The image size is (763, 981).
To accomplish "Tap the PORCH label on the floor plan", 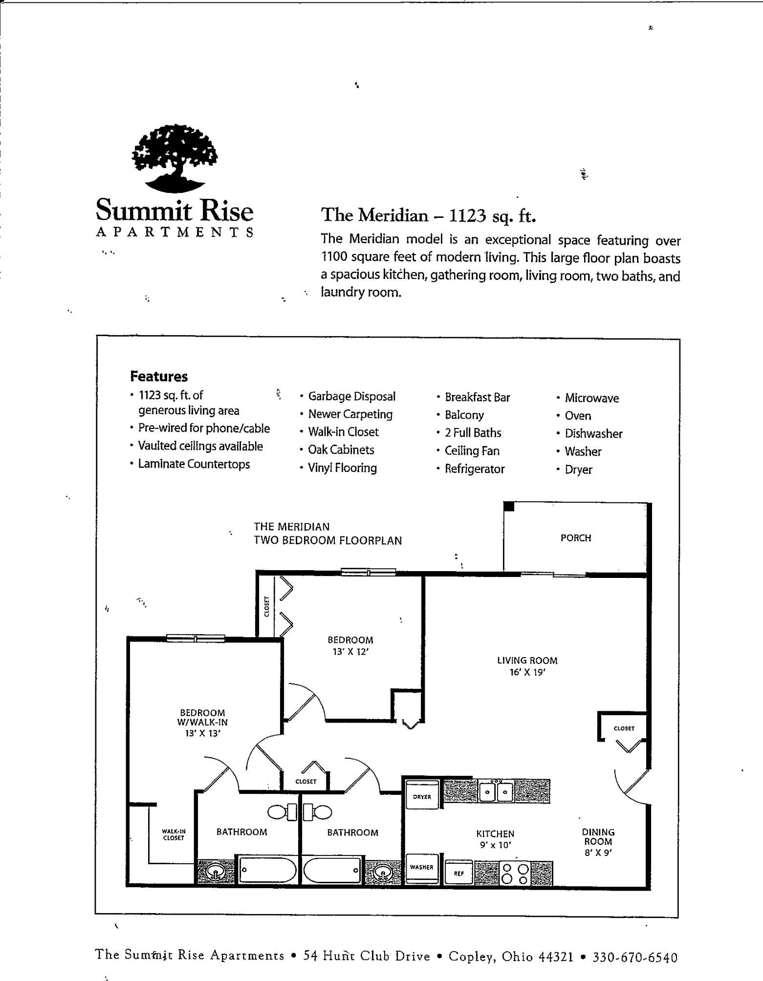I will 576,538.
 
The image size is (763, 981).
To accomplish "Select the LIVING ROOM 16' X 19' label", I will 527,666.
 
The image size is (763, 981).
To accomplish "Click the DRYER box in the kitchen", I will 422,797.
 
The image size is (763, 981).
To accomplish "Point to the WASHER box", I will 421,867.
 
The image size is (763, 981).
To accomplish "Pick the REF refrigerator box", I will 458,873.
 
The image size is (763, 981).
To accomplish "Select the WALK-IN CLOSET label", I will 174,834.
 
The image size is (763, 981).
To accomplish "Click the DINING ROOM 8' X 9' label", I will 598,842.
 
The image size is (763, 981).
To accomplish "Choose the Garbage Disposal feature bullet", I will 351,396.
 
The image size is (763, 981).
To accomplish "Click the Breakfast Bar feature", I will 477,397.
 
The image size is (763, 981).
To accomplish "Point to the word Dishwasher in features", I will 593,433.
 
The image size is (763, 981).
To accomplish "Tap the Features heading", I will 159,376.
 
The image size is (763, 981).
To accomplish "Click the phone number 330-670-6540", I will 635,957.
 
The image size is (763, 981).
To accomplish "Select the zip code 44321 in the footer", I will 556,957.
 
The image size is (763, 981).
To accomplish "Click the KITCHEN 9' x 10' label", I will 495,839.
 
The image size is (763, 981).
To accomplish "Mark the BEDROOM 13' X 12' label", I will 350,645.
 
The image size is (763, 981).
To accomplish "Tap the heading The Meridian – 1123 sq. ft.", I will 428,215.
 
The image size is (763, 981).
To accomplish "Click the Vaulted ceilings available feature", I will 200,446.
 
